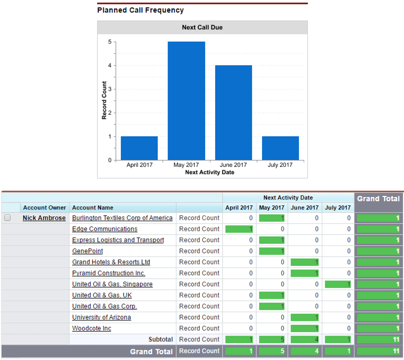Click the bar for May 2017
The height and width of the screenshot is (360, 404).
186,101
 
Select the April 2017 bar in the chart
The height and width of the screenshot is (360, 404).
139,148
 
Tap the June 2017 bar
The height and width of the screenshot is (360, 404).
234,113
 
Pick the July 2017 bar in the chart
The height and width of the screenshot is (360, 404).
280,148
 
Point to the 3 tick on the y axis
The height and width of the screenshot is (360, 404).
110,89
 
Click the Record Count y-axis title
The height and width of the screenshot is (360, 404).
104,100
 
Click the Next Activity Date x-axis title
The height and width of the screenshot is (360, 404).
210,172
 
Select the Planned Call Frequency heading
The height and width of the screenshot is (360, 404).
141,10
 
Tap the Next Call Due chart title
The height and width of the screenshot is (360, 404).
202,28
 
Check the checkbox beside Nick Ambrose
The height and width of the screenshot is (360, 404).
7,218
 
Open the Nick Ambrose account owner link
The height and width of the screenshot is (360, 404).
44,218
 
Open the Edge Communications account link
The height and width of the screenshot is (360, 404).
105,229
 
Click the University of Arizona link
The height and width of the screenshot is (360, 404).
101,317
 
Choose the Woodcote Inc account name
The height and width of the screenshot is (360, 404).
92,328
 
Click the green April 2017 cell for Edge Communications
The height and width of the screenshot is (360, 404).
239,229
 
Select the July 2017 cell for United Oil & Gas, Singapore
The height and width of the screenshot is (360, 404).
338,284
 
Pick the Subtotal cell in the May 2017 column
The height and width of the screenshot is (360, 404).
272,339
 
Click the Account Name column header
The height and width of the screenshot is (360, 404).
93,208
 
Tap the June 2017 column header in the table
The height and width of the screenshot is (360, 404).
305,208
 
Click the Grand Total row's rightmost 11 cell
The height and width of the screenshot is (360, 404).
378,351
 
